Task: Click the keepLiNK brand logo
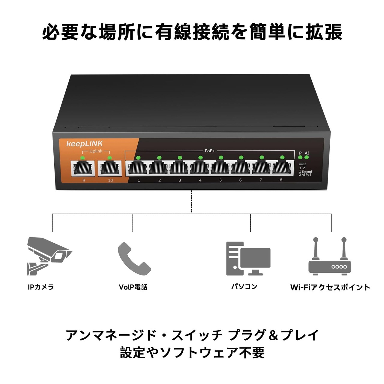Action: pos(85,144)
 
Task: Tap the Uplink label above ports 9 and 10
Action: pos(96,151)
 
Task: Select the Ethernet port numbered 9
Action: pos(83,168)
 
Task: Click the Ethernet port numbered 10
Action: pos(110,168)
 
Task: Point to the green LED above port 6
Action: pos(241,157)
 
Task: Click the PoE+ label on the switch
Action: pos(210,151)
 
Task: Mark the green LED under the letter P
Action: pos(300,157)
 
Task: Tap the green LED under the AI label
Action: pos(306,157)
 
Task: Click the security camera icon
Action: pos(49,256)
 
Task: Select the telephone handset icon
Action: pos(133,259)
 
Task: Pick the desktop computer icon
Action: pos(248,258)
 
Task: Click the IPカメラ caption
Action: pos(41,287)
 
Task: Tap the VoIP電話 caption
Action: pos(133,287)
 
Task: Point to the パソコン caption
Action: pos(244,286)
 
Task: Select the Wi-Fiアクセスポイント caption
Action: pos(330,287)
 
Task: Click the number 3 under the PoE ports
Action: pos(180,180)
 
